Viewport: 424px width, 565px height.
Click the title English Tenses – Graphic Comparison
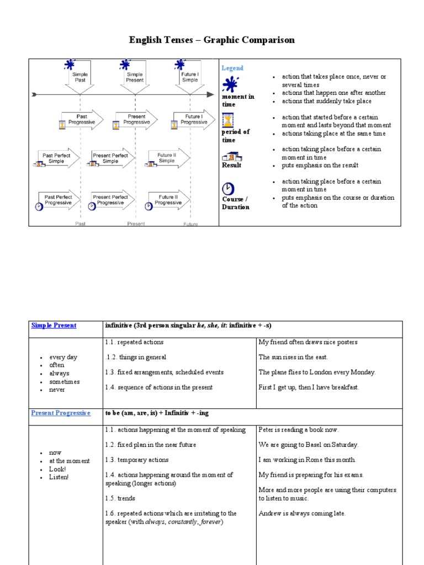tap(212, 40)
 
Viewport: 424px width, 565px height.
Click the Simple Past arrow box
tap(81, 78)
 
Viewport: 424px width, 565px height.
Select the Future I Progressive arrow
tap(193, 120)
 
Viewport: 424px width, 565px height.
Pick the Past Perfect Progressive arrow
tap(59, 200)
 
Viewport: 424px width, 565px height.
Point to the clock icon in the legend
tap(228, 188)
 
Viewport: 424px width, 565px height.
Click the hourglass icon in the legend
tap(228, 120)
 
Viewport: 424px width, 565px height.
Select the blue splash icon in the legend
tap(230, 84)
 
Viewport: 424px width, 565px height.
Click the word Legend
tap(232, 68)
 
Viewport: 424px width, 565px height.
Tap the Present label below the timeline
tap(136, 223)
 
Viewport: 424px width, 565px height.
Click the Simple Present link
tap(54, 326)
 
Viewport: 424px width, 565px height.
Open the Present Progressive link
tap(61, 413)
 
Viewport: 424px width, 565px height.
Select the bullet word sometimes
tap(64, 381)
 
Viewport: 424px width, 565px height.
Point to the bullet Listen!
tap(59, 477)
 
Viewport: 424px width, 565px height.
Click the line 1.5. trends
tap(120, 498)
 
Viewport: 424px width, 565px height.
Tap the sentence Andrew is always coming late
tap(302, 513)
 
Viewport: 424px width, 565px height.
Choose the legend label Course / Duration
tap(235, 203)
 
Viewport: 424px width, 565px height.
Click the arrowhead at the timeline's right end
tap(210, 95)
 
